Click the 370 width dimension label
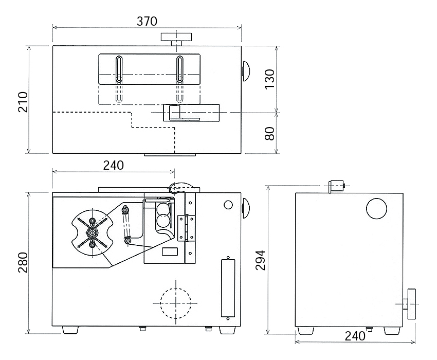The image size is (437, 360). tap(147, 21)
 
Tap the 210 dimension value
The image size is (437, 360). tap(23, 102)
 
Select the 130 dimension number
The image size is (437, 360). tap(269, 79)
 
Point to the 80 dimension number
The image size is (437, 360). tap(269, 134)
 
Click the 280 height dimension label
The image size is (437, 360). tap(23, 262)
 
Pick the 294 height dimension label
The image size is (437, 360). tap(260, 260)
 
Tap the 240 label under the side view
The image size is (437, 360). tap(355, 336)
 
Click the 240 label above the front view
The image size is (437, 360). tap(114, 166)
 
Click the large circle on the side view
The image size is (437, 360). tap(376, 209)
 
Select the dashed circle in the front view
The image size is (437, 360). tap(176, 303)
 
